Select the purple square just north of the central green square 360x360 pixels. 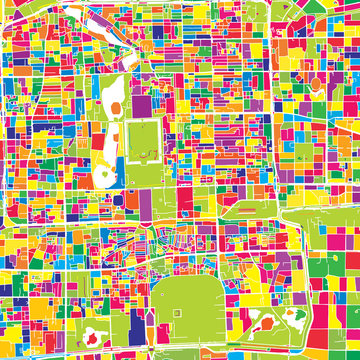click(146, 104)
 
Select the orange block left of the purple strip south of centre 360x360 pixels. click(132, 200)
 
